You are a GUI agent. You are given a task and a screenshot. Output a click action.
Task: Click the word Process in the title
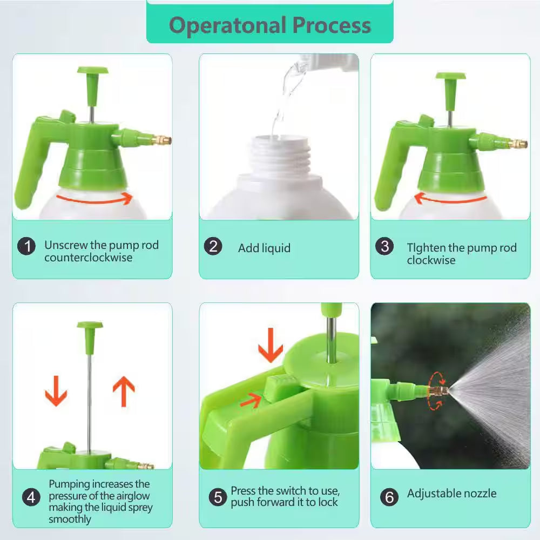tap(332, 25)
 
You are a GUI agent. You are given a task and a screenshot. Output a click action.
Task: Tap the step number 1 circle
tap(26, 246)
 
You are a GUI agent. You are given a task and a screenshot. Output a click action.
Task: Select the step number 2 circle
tap(213, 246)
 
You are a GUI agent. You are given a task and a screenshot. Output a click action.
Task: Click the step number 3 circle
tap(384, 246)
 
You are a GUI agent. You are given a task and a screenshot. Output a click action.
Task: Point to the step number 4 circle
tap(31, 497)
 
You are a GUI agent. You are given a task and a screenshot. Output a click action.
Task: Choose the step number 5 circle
tap(218, 497)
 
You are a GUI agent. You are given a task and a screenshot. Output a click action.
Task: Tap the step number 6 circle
tap(389, 497)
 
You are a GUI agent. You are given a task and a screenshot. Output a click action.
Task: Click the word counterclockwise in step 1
tap(88, 258)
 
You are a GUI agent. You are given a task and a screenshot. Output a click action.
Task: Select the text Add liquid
tap(264, 248)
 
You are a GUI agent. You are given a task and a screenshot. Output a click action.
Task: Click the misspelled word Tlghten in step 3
tap(427, 248)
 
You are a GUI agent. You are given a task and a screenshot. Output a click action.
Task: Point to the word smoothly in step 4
tap(70, 519)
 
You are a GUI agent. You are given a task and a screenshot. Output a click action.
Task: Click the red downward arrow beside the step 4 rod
tap(56, 391)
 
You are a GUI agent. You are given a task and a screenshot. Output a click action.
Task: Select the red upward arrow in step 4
tap(124, 391)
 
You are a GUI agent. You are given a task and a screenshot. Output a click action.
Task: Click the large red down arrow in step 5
tap(271, 345)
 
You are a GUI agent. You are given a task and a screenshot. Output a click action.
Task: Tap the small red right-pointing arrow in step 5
tap(251, 401)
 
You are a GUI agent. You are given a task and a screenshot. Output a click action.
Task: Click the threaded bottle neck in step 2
tap(280, 155)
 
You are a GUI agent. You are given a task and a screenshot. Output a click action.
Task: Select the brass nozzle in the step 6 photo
tap(438, 391)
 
